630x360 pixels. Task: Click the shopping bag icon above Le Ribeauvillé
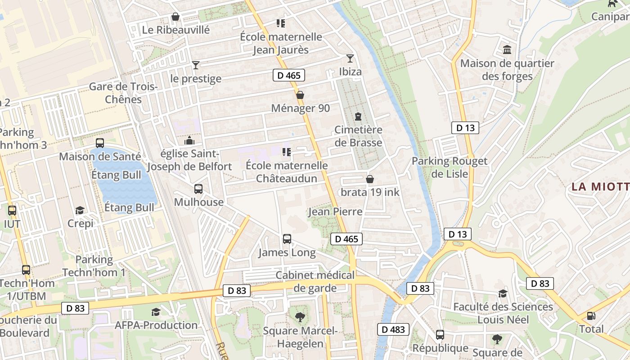[175, 17]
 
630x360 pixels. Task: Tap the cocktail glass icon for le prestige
[196, 65]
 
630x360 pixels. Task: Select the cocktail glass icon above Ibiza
[350, 58]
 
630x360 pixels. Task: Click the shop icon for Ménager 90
[300, 95]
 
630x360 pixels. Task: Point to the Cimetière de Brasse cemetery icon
[358, 117]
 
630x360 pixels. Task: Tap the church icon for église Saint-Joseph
[189, 140]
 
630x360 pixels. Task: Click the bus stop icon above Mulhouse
[198, 189]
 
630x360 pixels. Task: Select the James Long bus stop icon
[287, 239]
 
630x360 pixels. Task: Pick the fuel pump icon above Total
[591, 316]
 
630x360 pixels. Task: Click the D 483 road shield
[393, 329]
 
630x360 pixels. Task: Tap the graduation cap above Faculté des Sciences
[503, 294]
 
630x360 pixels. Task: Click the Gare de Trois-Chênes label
[123, 93]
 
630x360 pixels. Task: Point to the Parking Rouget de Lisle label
[450, 167]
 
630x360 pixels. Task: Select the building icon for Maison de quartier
[507, 50]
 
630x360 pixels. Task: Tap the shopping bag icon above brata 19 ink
[370, 180]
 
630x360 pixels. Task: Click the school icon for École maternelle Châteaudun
[287, 153]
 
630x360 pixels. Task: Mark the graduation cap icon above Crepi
[80, 210]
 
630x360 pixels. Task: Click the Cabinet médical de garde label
[315, 281]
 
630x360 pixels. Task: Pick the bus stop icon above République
[440, 335]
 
